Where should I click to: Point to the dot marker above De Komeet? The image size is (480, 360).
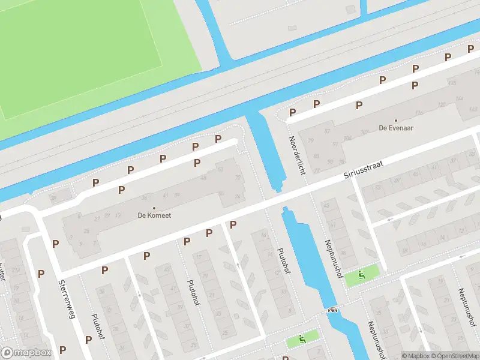pos(154,208)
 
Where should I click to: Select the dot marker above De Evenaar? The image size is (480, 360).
pos(395,120)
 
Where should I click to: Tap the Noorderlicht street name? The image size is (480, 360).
pos(297,154)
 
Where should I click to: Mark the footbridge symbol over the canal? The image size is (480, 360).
pos(332,310)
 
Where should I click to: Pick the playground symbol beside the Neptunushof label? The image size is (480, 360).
pos(361,275)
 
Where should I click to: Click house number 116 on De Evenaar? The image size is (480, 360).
pos(419,112)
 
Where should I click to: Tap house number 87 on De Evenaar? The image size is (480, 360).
pos(328,131)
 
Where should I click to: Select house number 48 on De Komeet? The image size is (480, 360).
pos(203,178)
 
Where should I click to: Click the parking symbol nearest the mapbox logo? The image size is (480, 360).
pos(62,350)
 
